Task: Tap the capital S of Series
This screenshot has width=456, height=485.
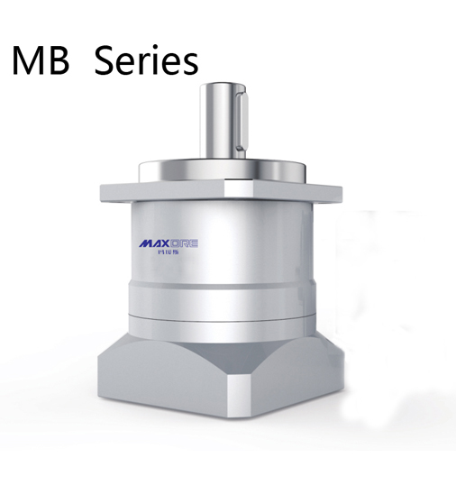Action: click(107, 60)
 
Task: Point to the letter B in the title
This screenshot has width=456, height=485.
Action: click(59, 60)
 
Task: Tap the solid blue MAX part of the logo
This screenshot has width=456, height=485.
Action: click(156, 243)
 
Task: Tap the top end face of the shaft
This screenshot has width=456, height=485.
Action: click(223, 87)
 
